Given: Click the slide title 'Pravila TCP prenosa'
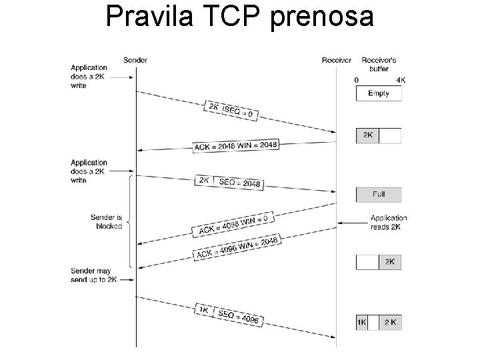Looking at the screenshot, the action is pyautogui.click(x=239, y=17).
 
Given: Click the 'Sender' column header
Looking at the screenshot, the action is pyautogui.click(x=135, y=60).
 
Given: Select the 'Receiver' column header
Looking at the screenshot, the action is pyautogui.click(x=336, y=60).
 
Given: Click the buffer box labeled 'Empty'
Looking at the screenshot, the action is pyautogui.click(x=379, y=93).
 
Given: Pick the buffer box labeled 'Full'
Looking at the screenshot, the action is pyautogui.click(x=379, y=194).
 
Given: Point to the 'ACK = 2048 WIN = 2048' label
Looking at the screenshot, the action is pyautogui.click(x=235, y=145).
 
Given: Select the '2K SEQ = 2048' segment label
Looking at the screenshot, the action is pyautogui.click(x=229, y=181).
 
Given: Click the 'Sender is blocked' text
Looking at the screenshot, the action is pyautogui.click(x=107, y=221).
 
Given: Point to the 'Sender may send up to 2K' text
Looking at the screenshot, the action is pyautogui.click(x=93, y=275).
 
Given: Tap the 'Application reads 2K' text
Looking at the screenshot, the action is pyautogui.click(x=389, y=222).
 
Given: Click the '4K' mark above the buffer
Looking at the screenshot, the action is pyautogui.click(x=401, y=80).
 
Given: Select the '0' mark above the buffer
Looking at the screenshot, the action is pyautogui.click(x=357, y=80).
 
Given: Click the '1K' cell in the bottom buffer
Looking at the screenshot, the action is pyautogui.click(x=362, y=322).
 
